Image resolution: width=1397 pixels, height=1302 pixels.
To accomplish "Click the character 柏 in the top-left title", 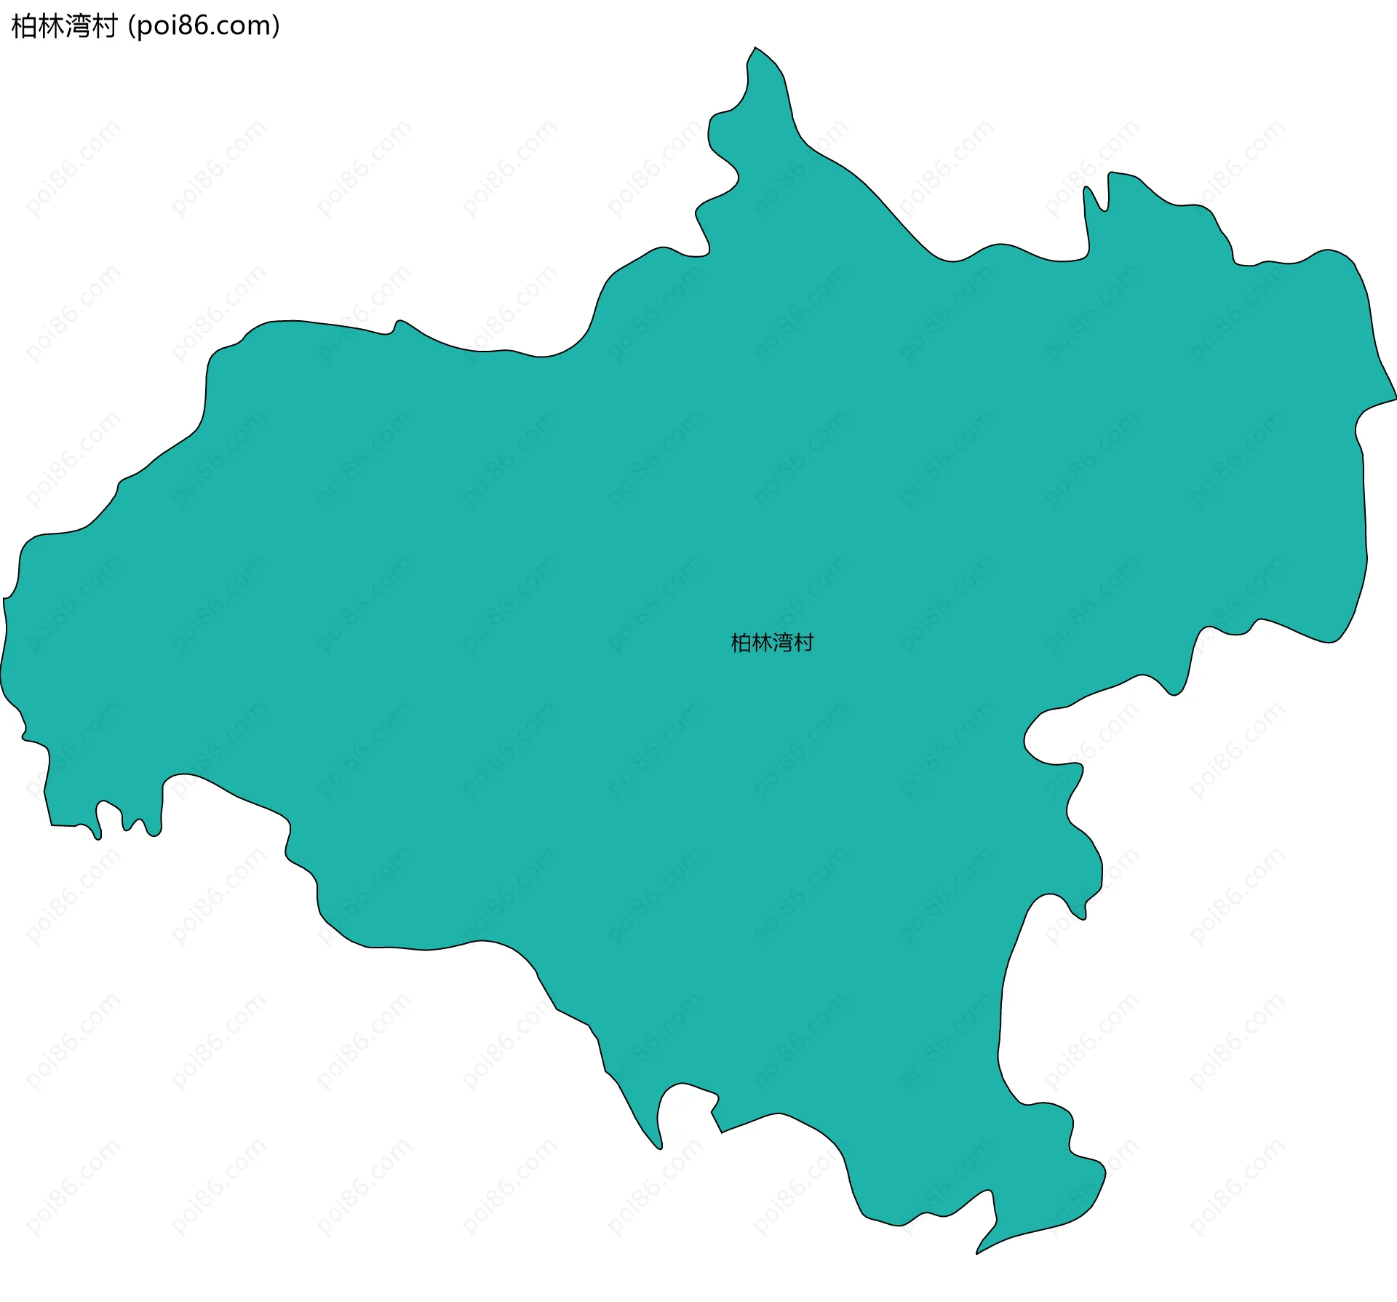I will pyautogui.click(x=24, y=27).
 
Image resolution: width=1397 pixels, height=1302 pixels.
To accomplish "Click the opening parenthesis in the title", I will pyautogui.click(x=131, y=27).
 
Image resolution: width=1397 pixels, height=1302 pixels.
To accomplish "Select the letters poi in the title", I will pyautogui.click(x=156, y=27).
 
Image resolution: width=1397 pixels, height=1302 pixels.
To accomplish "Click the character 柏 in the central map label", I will pyautogui.click(x=741, y=643).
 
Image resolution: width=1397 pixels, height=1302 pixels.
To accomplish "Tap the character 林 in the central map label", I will pyautogui.click(x=761, y=643).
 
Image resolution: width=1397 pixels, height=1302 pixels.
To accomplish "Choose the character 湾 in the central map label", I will pyautogui.click(x=782, y=643).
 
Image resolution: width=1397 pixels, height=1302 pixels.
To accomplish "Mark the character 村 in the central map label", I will pyautogui.click(x=803, y=643).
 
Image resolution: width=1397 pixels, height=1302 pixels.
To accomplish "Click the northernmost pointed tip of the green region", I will pyautogui.click(x=755, y=49).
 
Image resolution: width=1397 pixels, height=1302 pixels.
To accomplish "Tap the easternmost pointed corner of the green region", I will pyautogui.click(x=1395, y=398).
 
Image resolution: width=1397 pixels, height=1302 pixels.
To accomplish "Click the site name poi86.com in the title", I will pyautogui.click(x=204, y=27).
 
